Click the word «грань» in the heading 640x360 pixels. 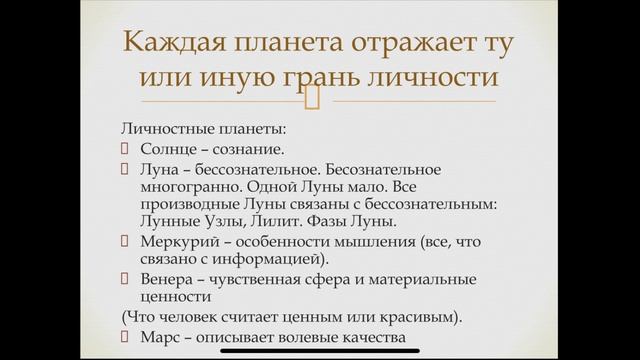click(x=339, y=76)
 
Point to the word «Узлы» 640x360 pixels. click(x=248, y=220)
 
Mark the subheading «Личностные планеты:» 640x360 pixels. click(x=189, y=130)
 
